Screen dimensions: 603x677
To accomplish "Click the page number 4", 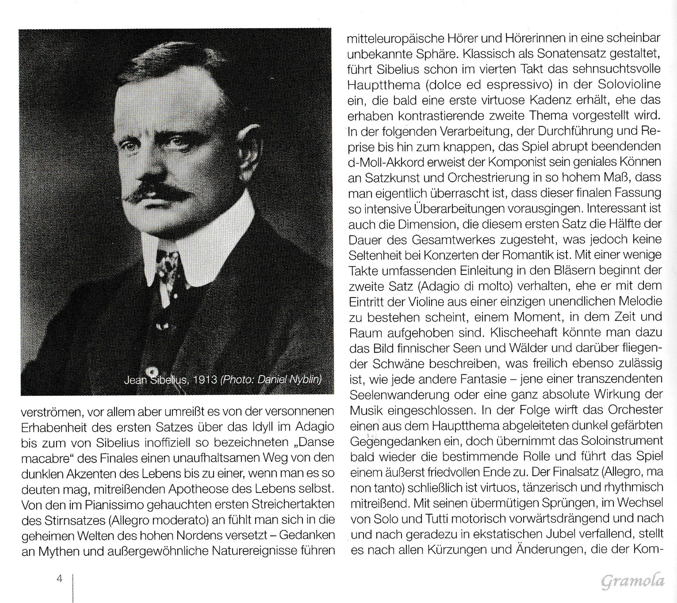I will (60, 579).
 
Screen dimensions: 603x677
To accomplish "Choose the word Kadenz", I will (555, 100).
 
